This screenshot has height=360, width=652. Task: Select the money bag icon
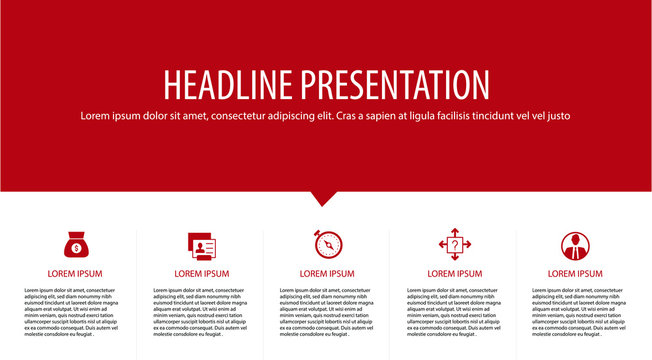point(75,245)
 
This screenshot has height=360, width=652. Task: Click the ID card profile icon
point(202,245)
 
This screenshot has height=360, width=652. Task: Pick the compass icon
point(326,245)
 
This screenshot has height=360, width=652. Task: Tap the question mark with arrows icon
point(454,245)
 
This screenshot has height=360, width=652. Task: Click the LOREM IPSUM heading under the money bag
point(75,273)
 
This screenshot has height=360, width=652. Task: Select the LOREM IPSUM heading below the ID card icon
point(202,273)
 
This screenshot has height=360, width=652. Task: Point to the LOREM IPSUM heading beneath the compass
point(327,273)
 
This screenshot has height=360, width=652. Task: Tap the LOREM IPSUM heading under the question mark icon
point(454,273)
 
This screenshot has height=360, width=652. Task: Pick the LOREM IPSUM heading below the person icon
point(575,273)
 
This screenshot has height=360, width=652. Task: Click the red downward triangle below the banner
point(323,198)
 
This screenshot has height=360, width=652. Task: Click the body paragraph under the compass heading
point(327,312)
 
